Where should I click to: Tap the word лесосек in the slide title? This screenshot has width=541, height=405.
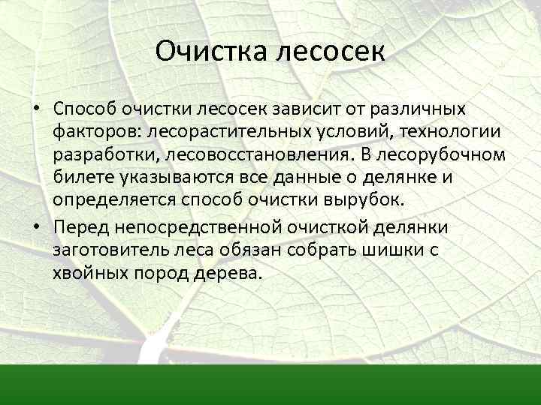[331, 52]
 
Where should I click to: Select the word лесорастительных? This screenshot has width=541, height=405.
[235, 133]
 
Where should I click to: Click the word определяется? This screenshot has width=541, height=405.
[113, 202]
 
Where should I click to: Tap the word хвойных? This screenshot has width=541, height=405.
[89, 273]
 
